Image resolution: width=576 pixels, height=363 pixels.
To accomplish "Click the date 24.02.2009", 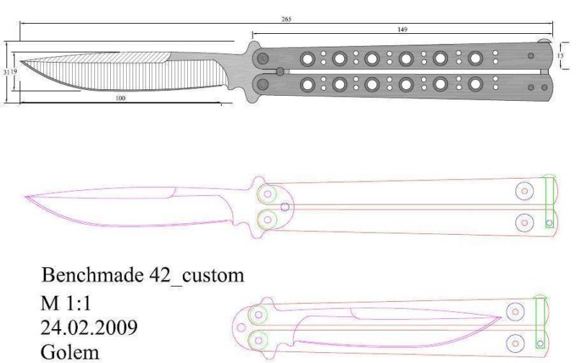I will pyautogui.click(x=89, y=328).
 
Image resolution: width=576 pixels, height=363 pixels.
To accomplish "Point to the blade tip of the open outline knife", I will pyautogui.click(x=26, y=195).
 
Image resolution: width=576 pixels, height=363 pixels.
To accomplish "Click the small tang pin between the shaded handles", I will pyautogui.click(x=279, y=71).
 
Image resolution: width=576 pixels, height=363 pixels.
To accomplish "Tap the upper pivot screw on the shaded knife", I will pyautogui.click(x=264, y=58).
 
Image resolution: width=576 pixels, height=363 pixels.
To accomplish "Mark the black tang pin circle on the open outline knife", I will pyautogui.click(x=286, y=207).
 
